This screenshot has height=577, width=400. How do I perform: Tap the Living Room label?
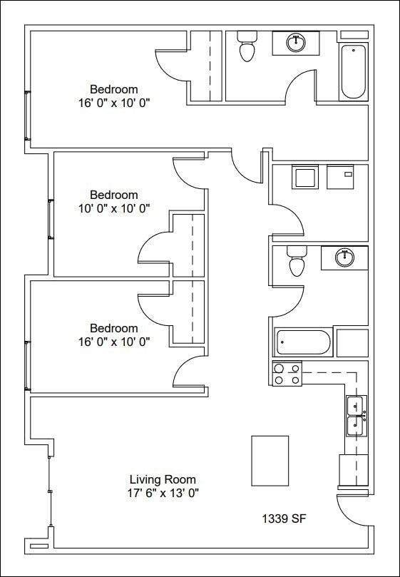[163, 479]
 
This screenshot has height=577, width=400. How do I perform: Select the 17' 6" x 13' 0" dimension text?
[163, 493]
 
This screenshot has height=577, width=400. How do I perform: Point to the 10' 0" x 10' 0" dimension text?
[114, 208]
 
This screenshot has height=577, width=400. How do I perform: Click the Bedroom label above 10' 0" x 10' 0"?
[114, 194]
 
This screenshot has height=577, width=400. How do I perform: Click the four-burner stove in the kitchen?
[287, 374]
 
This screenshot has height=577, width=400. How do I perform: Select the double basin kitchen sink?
[356, 416]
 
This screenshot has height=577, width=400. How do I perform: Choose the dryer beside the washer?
[341, 177]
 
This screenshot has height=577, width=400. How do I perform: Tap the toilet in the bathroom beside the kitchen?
[297, 262]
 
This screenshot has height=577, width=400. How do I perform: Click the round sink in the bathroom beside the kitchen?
[344, 257]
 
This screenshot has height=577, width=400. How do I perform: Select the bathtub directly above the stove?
[304, 342]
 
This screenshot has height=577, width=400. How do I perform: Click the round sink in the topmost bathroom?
[296, 43]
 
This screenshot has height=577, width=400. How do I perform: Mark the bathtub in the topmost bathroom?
[353, 71]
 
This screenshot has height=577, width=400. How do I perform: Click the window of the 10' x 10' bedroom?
[51, 219]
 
